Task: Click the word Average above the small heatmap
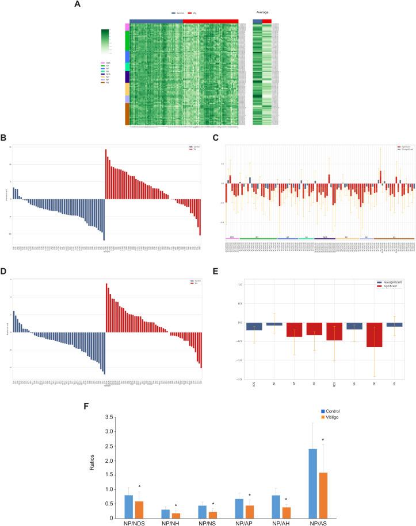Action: (x=262, y=11)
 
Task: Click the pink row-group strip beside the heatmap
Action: (x=127, y=27)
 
